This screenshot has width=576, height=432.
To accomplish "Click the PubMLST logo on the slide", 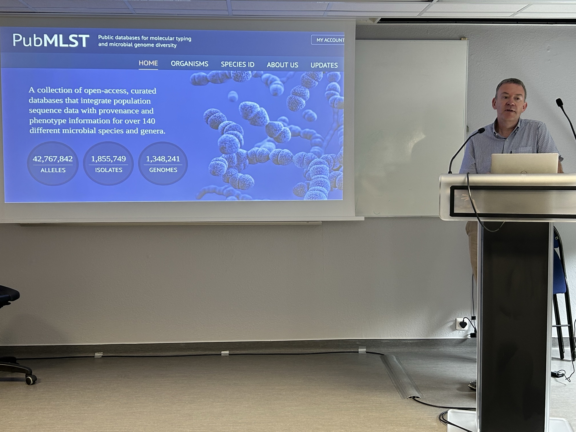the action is point(51,40).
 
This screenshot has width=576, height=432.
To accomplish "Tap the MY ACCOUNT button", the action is point(328,40).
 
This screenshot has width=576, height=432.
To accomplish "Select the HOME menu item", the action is point(148,63).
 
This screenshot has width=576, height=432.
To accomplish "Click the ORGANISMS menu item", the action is point(190,64).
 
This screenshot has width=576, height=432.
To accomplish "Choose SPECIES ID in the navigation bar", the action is point(238,64).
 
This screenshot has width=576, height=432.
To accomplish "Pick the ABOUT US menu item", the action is point(282,65).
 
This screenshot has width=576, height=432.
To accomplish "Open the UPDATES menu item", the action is point(324,65).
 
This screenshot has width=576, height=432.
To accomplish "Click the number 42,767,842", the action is point(53,159).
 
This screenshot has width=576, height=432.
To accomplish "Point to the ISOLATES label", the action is point(109,170).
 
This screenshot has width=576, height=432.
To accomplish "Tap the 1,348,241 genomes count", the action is point(163,159).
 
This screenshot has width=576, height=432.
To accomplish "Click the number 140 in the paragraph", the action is point(149,121).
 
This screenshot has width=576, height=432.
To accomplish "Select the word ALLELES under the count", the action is point(53,170).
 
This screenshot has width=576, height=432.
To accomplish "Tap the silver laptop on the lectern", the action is point(524,163).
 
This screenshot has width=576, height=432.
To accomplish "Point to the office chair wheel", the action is point(31,379).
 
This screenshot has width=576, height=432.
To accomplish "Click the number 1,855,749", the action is point(108,159).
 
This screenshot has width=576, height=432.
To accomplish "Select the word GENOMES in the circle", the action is point(163,170).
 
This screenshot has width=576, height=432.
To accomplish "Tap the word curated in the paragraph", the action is point(143,91).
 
